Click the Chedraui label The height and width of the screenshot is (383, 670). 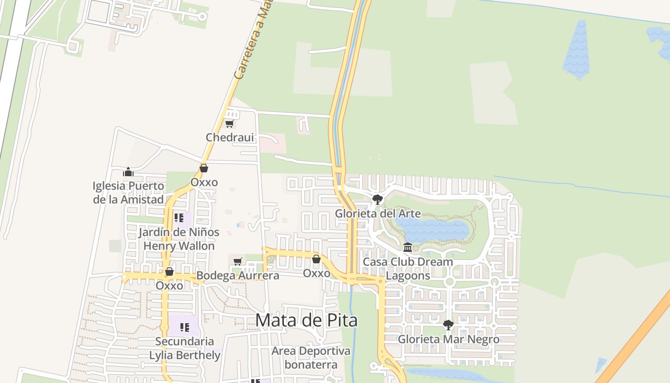point(230,137)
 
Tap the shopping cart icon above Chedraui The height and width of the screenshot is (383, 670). point(229,124)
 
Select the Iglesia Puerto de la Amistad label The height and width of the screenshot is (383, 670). point(128,192)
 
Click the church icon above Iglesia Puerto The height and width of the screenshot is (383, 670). point(128,172)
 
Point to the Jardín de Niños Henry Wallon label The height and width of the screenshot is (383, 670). point(179,239)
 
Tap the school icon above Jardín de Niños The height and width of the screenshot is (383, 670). point(179,218)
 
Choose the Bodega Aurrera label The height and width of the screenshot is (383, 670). point(238,276)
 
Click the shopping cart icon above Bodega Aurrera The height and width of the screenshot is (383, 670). point(238,261)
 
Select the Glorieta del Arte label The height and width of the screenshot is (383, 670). point(378,214)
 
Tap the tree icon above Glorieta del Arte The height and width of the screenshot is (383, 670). point(378,199)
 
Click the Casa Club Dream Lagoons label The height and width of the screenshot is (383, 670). point(408,269)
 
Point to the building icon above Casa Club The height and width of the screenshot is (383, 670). point(408,248)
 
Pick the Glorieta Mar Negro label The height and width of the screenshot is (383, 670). point(448,339)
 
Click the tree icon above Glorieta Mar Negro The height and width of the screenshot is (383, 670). point(448,325)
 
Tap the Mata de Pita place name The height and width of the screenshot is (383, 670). point(306,320)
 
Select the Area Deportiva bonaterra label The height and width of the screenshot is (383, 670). point(311,358)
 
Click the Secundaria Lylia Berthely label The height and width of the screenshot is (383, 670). point(185,348)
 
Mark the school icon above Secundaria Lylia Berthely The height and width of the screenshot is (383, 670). point(185,327)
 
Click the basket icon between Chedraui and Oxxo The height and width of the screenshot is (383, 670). point(204,168)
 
